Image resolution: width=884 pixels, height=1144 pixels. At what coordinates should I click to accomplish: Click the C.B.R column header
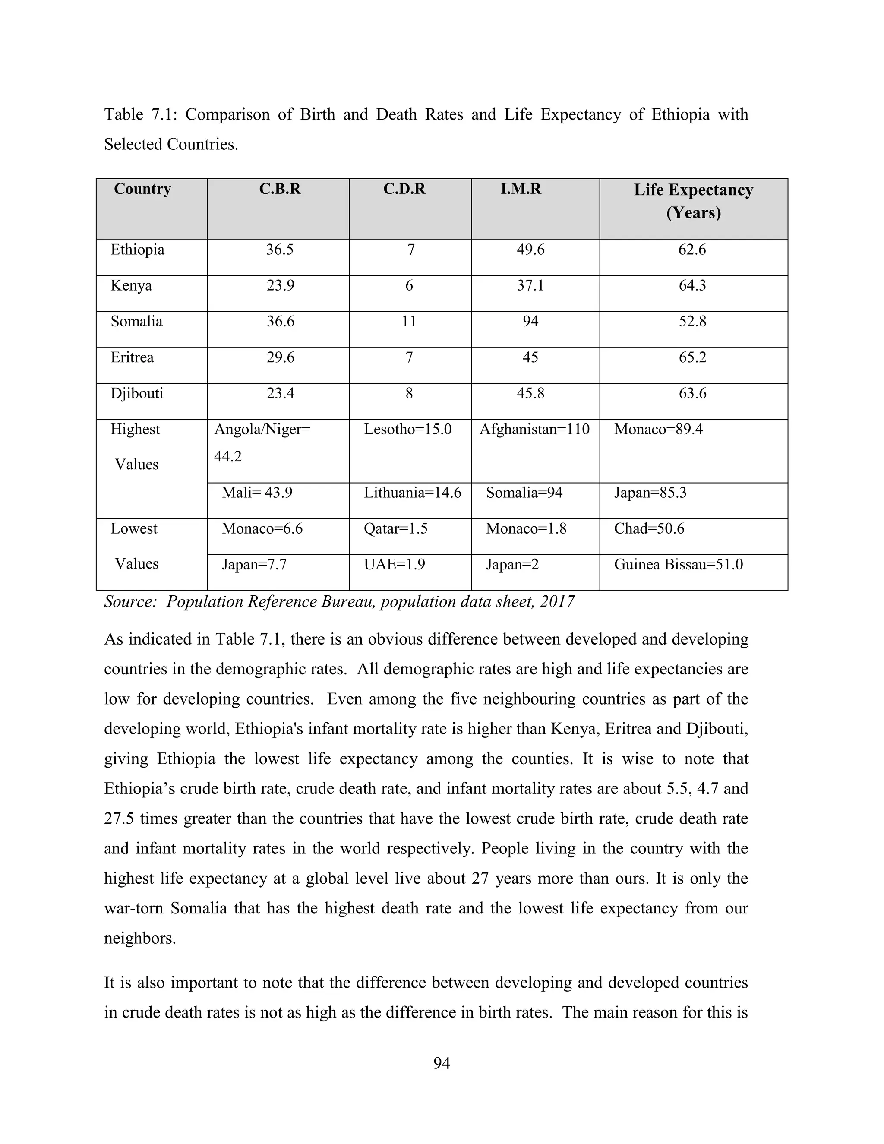280,189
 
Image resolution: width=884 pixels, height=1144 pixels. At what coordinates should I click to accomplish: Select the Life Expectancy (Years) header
693,201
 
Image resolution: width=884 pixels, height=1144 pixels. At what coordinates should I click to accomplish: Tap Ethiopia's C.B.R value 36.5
280,250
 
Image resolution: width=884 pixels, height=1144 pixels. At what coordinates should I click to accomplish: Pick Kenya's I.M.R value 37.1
530,286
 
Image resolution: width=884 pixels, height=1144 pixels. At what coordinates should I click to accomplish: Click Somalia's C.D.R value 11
409,322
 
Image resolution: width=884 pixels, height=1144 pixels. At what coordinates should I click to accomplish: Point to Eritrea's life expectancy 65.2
692,358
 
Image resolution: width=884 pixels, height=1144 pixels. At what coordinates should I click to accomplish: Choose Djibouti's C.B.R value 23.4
280,393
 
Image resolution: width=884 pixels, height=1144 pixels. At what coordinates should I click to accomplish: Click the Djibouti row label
137,393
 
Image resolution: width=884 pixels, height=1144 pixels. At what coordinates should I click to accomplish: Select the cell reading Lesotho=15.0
407,430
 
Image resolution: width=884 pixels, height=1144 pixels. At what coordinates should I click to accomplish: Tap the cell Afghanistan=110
534,430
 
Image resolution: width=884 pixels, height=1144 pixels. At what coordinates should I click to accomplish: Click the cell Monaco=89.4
658,430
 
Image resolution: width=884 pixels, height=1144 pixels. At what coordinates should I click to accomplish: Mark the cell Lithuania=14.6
413,493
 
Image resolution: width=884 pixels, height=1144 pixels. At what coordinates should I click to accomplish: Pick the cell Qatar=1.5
395,528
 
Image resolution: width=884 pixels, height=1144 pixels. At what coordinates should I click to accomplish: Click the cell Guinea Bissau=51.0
678,565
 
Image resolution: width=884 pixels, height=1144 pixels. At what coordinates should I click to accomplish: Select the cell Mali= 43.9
257,493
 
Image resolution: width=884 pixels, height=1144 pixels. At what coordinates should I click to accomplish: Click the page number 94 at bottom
442,1063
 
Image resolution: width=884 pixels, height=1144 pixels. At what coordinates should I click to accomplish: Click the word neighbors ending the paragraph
139,938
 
